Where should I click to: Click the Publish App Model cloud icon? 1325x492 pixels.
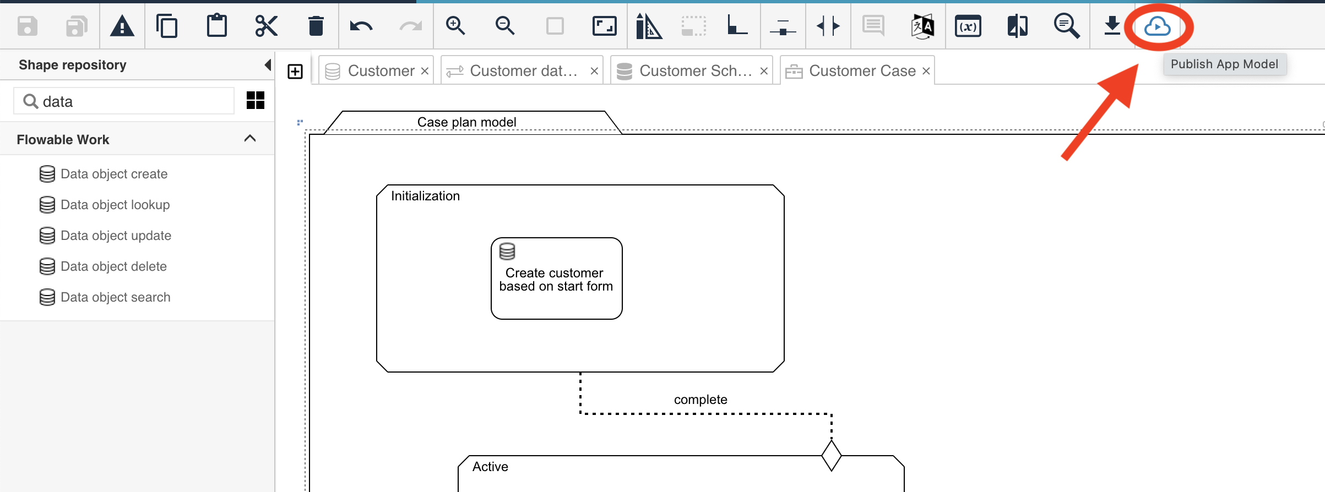[1157, 26]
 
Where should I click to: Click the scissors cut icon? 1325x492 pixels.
[266, 26]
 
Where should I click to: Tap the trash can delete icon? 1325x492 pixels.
[316, 26]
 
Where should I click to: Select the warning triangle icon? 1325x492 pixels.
[122, 26]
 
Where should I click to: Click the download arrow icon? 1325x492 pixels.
[1112, 26]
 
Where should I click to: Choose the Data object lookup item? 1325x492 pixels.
[115, 205]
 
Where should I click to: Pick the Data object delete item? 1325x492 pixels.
[113, 266]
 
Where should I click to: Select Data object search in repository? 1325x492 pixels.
[115, 297]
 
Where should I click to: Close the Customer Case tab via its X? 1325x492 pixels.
[926, 71]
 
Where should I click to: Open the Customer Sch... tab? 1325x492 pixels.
[695, 71]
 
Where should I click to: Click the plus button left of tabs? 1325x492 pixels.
[295, 72]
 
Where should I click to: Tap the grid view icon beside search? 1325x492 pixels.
[256, 101]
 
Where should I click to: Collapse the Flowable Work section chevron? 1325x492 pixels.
[250, 139]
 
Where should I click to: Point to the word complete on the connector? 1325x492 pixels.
[700, 400]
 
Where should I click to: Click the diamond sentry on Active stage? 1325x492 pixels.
[831, 456]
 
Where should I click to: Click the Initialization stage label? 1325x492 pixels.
[425, 196]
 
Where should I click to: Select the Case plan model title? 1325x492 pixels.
[466, 122]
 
